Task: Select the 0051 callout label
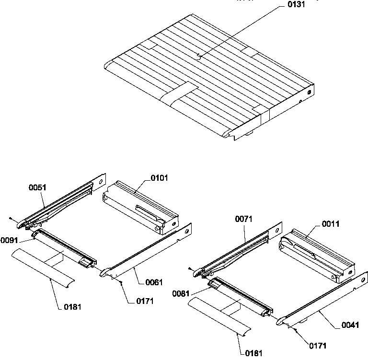[x=37, y=187]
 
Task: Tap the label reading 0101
[x=159, y=178]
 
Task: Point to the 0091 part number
[x=9, y=240]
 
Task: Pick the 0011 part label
[x=331, y=223]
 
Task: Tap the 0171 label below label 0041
[x=319, y=345]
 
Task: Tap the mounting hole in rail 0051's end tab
[x=101, y=182]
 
